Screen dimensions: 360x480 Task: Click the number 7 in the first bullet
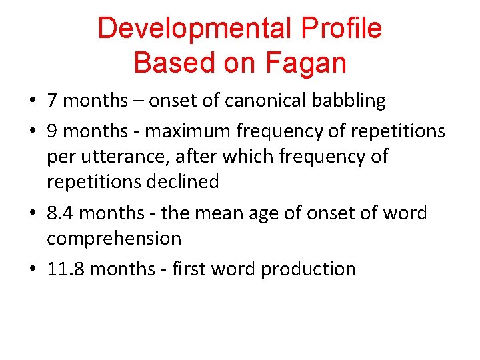coord(52,101)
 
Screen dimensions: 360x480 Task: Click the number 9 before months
coord(52,131)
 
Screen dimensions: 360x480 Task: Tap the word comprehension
coord(114,239)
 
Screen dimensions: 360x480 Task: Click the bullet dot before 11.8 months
coord(33,270)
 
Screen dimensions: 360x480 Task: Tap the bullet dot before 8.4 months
coord(33,214)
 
